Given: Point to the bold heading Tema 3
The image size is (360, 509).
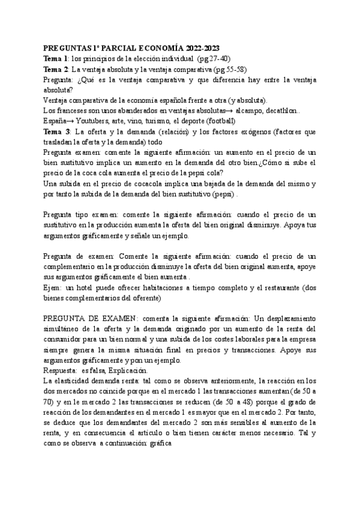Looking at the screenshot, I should tap(56, 131).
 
